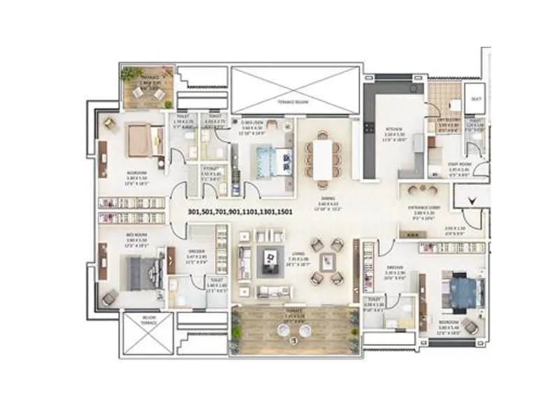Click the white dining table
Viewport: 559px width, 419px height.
322,160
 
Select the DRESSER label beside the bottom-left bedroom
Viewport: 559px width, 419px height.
196,254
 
